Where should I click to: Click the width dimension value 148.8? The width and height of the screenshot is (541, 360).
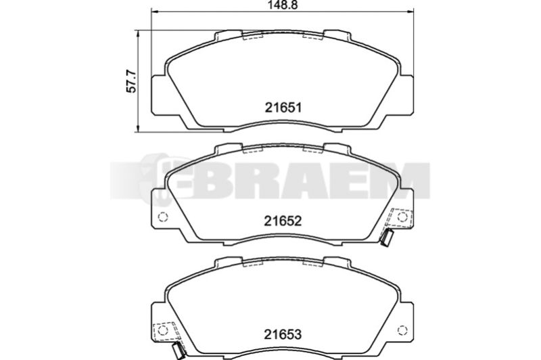point(283,5)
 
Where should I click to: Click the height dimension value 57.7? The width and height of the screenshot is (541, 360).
point(132,81)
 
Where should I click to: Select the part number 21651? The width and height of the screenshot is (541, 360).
point(283,108)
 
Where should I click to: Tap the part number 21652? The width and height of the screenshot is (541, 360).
point(283,221)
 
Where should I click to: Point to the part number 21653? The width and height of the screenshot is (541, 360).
point(283,334)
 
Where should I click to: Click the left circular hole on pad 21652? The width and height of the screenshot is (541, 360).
point(162,217)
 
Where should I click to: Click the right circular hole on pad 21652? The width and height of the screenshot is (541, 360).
point(402,217)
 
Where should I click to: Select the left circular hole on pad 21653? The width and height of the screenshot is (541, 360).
point(162,330)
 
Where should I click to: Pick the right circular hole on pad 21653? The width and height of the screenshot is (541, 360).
point(402,330)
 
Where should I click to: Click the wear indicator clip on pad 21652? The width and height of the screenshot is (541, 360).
point(386,237)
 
